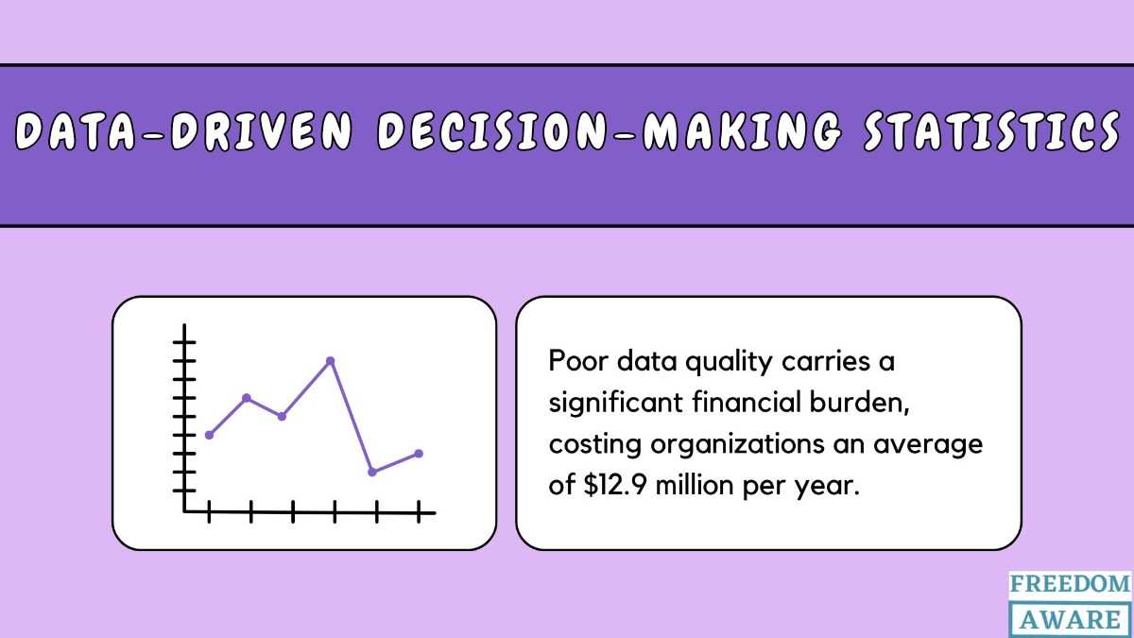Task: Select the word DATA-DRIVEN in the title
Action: point(185,133)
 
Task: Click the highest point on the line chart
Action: point(330,361)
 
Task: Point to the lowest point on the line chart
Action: point(372,472)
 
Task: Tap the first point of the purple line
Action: point(209,435)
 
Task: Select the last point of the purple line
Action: point(419,454)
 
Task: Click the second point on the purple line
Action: point(247,398)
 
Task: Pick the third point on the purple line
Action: point(282,416)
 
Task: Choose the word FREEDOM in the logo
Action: point(1070,584)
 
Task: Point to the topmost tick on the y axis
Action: point(185,341)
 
